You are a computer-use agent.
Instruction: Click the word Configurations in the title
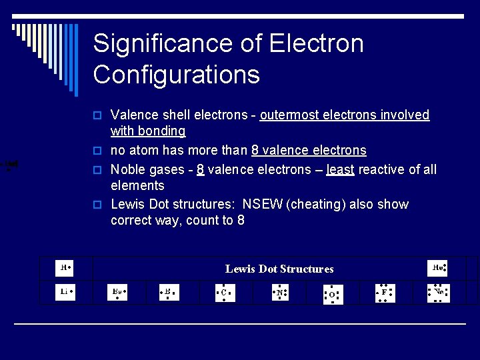click(176, 74)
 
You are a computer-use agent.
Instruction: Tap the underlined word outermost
click(289, 115)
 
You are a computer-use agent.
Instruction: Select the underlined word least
click(340, 170)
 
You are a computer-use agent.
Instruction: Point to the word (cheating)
click(315, 205)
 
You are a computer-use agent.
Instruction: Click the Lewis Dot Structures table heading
click(279, 269)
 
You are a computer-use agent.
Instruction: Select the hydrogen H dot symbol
click(65, 268)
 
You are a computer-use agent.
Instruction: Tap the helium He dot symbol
click(437, 268)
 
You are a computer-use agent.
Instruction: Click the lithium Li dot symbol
click(65, 291)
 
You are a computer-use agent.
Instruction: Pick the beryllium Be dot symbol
click(117, 292)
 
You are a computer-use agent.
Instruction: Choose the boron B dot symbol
click(169, 292)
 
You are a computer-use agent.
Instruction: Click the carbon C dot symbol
click(225, 292)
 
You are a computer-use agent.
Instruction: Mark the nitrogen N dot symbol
click(279, 292)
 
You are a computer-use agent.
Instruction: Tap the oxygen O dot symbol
click(331, 294)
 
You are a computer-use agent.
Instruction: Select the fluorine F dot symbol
click(385, 292)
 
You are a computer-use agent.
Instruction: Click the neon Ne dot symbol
click(438, 292)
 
